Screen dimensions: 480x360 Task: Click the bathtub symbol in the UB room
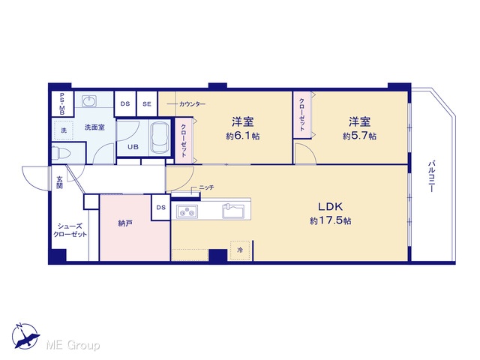pyautogui.click(x=160, y=137)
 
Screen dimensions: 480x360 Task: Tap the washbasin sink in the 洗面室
pyautogui.click(x=89, y=101)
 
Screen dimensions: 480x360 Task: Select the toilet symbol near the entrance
pyautogui.click(x=57, y=153)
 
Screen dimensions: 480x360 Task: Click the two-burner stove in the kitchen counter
pyautogui.click(x=187, y=211)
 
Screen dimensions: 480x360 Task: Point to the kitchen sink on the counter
pyautogui.click(x=233, y=211)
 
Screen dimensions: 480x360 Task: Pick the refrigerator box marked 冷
pyautogui.click(x=241, y=250)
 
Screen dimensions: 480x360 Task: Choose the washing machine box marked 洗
pyautogui.click(x=64, y=130)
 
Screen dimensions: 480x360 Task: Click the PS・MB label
pyautogui.click(x=62, y=103)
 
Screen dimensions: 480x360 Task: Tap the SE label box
pyautogui.click(x=147, y=104)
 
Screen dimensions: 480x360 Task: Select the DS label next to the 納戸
pyautogui.click(x=161, y=208)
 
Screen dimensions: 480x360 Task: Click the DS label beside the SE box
pyautogui.click(x=125, y=104)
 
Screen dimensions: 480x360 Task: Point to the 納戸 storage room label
pyautogui.click(x=125, y=223)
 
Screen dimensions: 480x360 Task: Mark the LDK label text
pyautogui.click(x=330, y=207)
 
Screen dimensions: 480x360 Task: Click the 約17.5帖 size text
pyautogui.click(x=330, y=220)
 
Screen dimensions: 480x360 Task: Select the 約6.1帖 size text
pyautogui.click(x=243, y=136)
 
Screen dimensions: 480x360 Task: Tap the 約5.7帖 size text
pyautogui.click(x=359, y=136)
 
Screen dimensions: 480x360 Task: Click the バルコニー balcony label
pyautogui.click(x=431, y=176)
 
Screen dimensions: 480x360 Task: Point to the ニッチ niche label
pyautogui.click(x=207, y=187)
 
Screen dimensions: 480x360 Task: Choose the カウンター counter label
pyautogui.click(x=192, y=104)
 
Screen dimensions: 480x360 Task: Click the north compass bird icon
pyautogui.click(x=25, y=337)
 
